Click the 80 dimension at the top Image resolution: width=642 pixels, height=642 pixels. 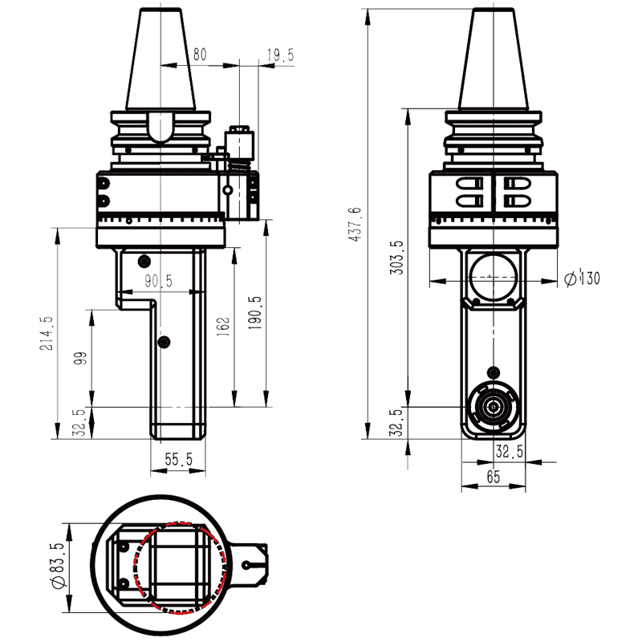[x=199, y=55]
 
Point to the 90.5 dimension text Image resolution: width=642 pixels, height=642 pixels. [x=158, y=281]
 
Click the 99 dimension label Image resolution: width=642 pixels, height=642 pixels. [x=79, y=358]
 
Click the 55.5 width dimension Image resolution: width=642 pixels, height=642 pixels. [x=178, y=459]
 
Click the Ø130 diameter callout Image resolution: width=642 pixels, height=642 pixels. [x=582, y=278]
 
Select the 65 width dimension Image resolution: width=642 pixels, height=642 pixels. [x=493, y=477]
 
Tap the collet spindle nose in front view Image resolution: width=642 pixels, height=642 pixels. [x=493, y=407]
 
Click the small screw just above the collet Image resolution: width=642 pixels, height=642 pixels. [x=493, y=372]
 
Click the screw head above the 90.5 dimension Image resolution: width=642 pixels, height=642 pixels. [x=144, y=260]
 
